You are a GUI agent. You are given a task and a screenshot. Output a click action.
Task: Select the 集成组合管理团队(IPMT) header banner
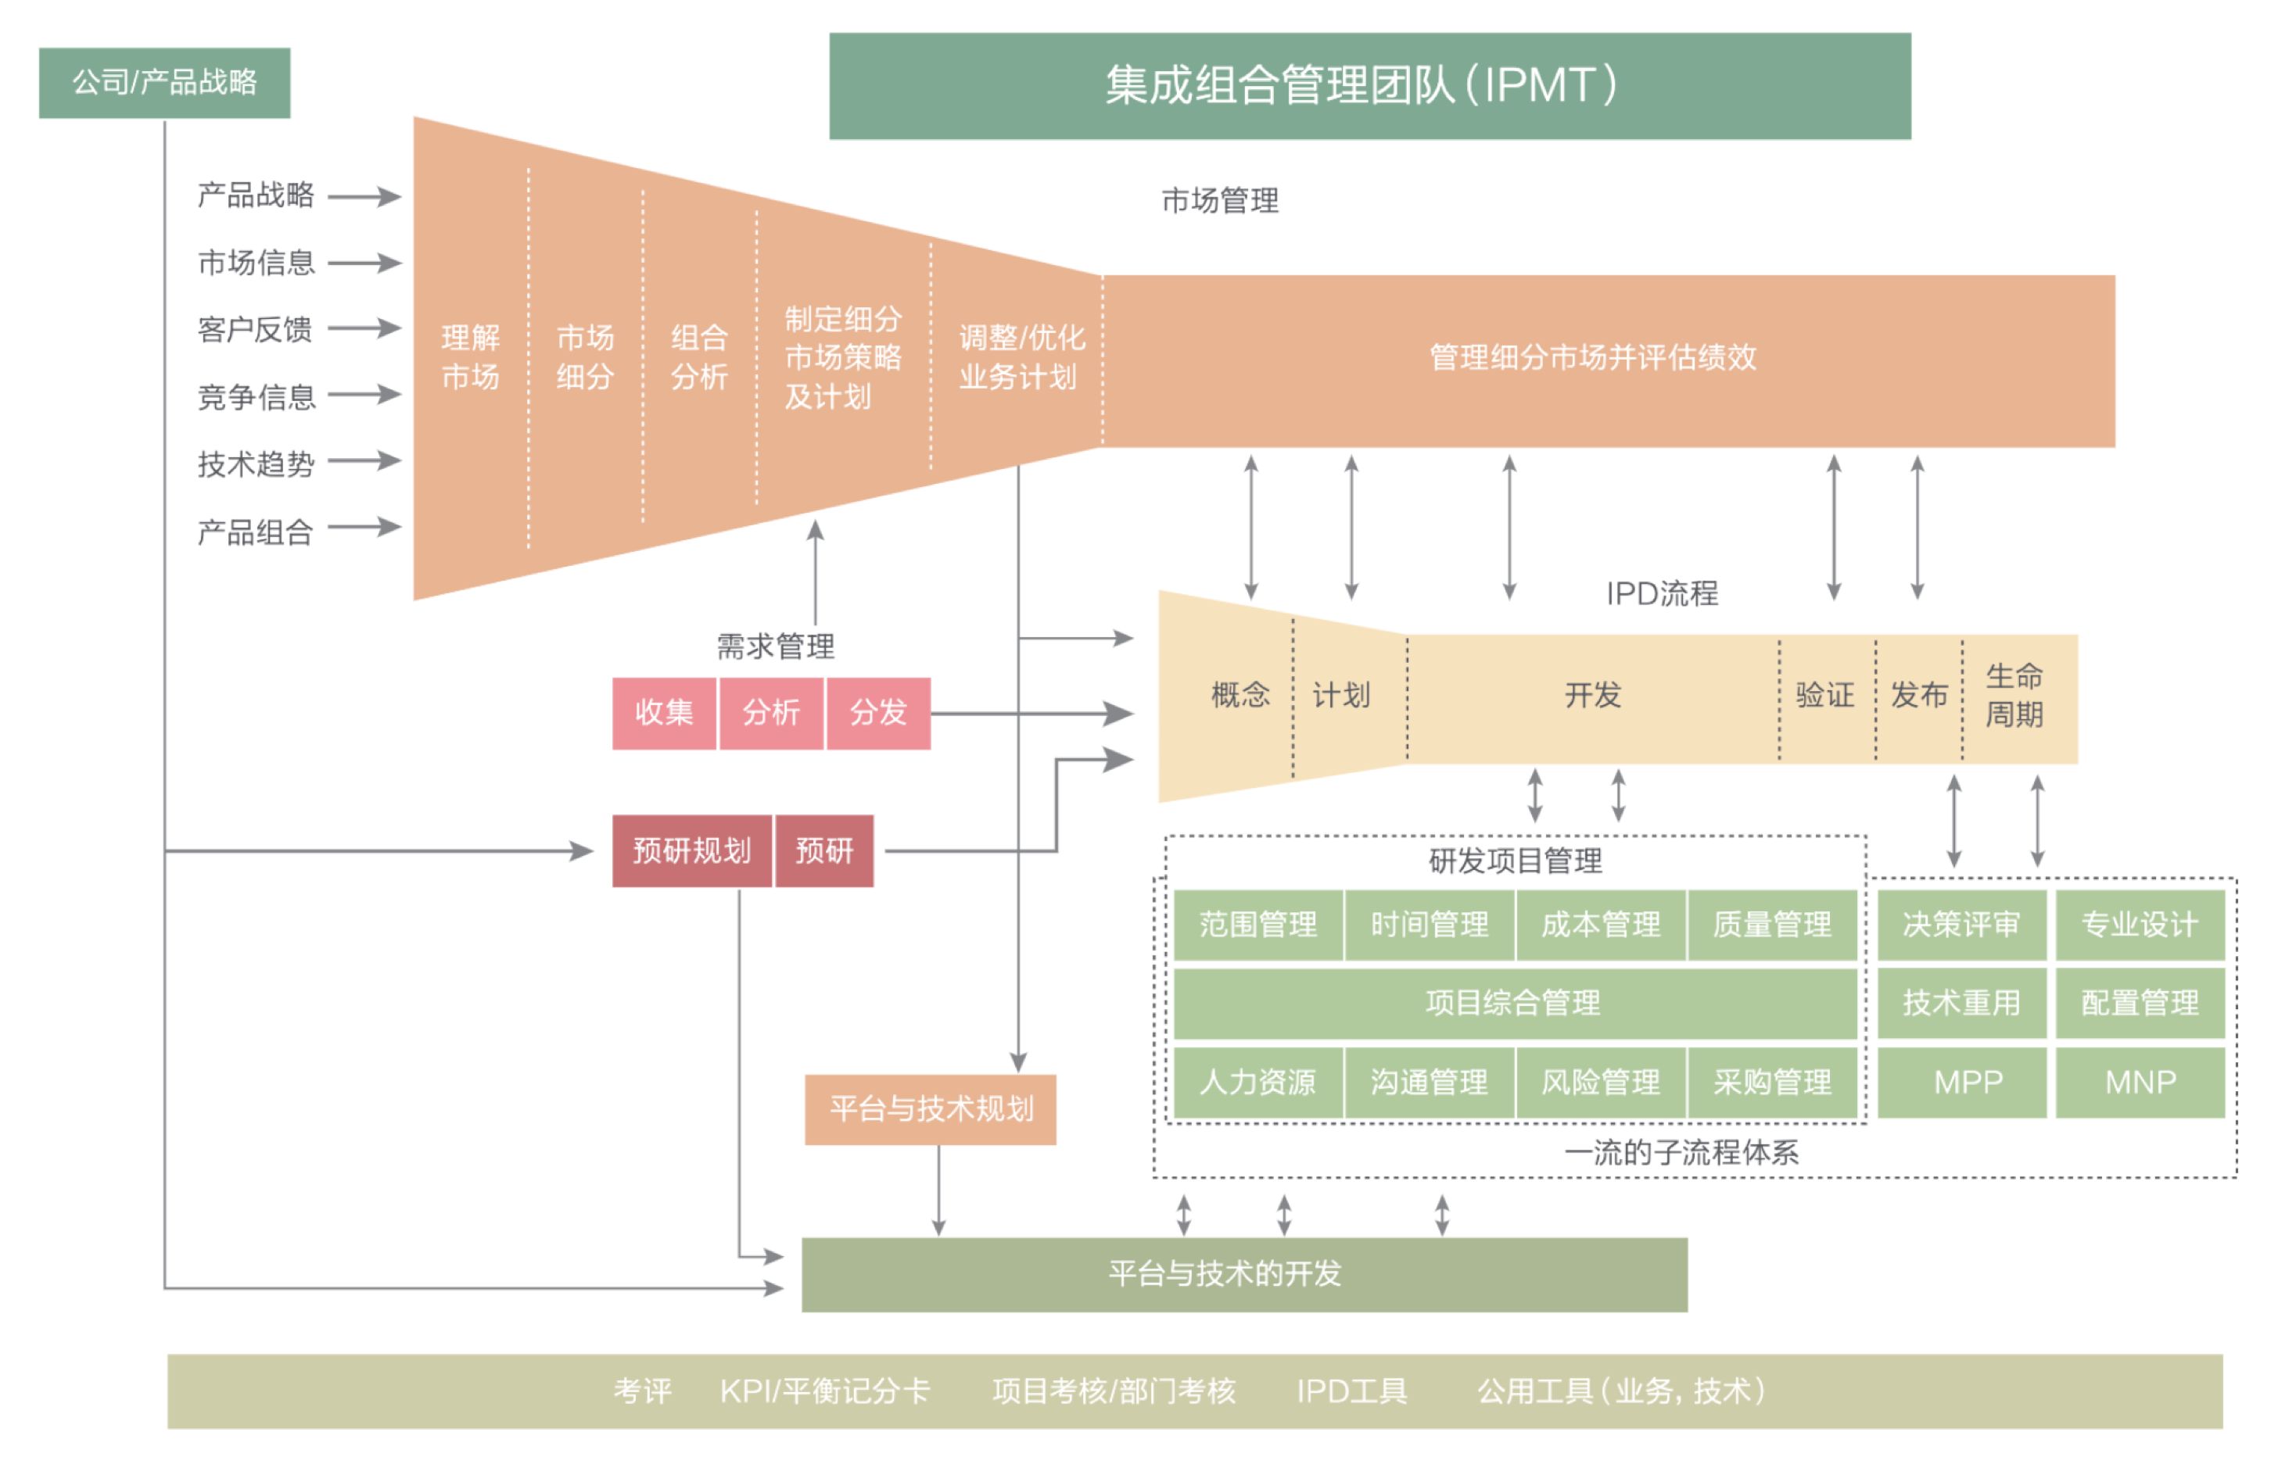pos(1369,86)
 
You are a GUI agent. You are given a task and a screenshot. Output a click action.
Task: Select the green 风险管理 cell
pos(1600,1081)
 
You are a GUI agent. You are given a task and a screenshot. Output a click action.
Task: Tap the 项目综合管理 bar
pos(1513,1003)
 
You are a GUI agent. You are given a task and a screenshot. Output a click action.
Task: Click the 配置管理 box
pos(2140,1003)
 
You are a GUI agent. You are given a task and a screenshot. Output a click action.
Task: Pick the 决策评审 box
pos(1961,925)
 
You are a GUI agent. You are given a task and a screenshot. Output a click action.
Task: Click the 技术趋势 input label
pos(256,464)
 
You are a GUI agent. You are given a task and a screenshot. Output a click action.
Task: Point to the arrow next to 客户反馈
pos(364,328)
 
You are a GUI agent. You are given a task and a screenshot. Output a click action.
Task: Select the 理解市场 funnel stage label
pos(470,356)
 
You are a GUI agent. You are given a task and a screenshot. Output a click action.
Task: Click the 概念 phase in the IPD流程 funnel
pos(1240,696)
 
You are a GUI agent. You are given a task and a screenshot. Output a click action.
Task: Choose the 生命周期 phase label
pos(2014,696)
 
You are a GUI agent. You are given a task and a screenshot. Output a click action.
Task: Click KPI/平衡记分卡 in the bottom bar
pos(824,1391)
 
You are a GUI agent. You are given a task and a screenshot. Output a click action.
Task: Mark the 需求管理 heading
pos(775,647)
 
